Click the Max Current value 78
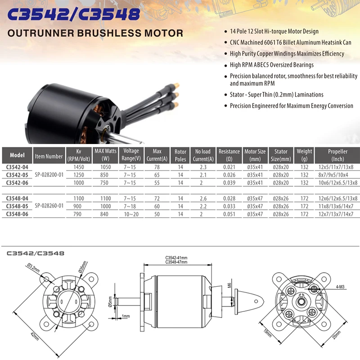(x=157, y=167)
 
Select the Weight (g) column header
(x=305, y=155)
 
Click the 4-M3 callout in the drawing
(x=341, y=287)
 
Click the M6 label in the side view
(x=229, y=285)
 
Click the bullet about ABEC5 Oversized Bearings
(x=278, y=65)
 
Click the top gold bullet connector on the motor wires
(x=177, y=85)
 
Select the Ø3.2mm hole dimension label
(x=34, y=272)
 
